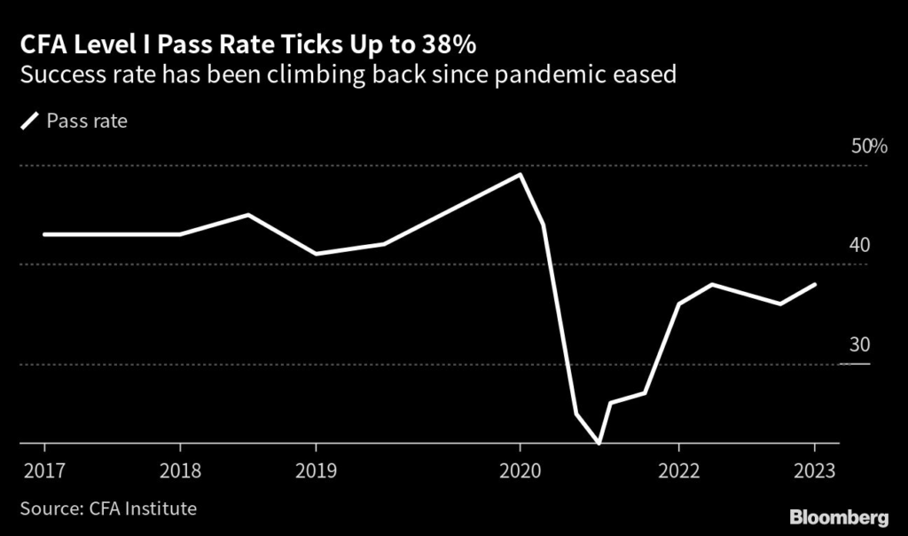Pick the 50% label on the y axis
[x=869, y=146]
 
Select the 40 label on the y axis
[x=860, y=245]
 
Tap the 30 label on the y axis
[x=860, y=344]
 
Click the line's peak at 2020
[x=520, y=175]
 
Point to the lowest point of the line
[x=599, y=442]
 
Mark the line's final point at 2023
[x=815, y=284]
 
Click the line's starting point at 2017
[x=44, y=234]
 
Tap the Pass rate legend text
[x=86, y=121]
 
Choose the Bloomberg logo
[x=841, y=516]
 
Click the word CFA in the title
[x=40, y=43]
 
